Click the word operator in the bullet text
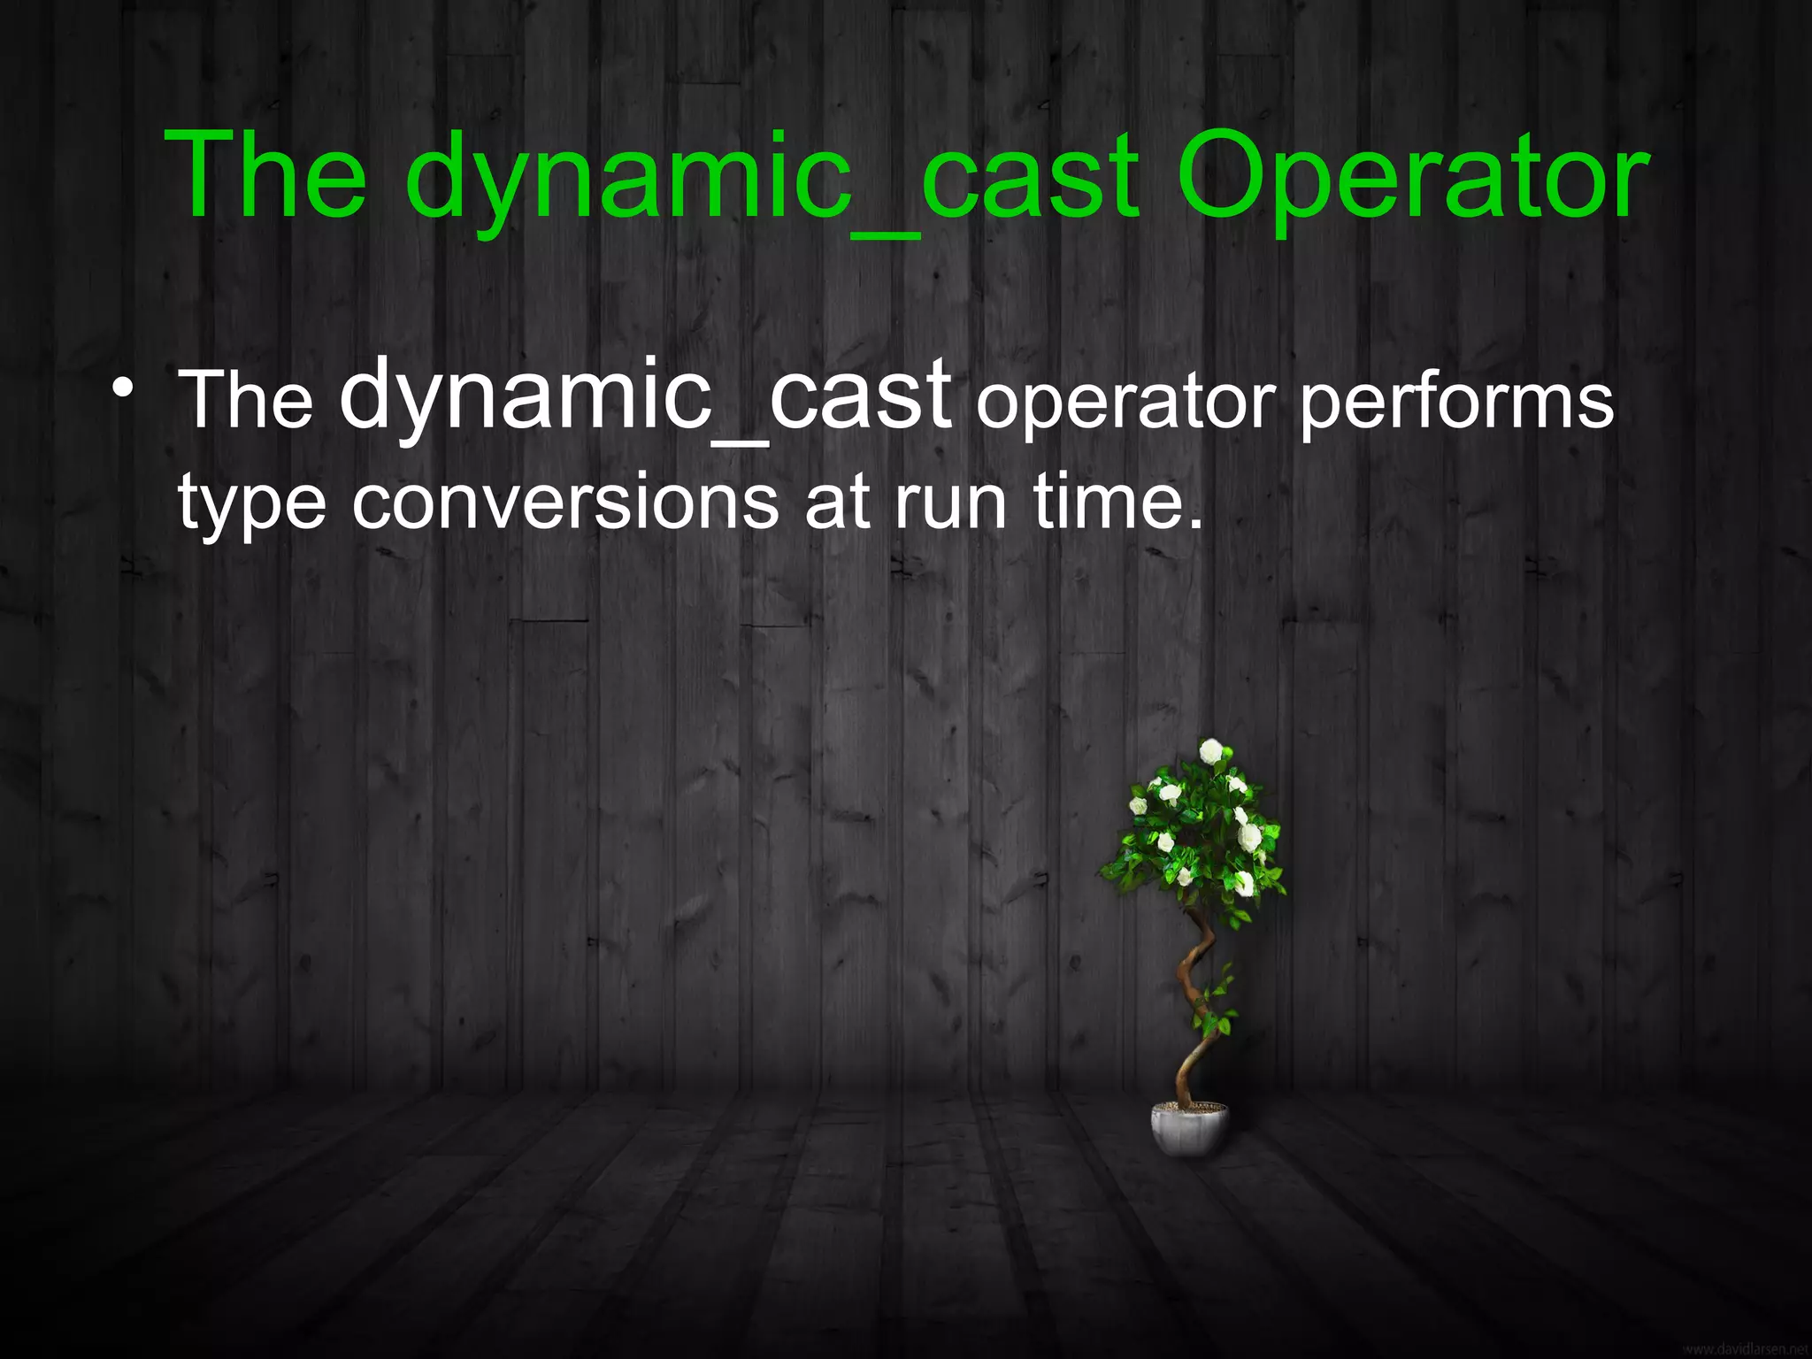[1125, 403]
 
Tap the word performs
[1456, 403]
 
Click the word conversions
[565, 503]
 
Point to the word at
[837, 503]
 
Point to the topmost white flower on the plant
[1210, 751]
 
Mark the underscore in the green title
[885, 234]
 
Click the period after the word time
[1196, 525]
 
